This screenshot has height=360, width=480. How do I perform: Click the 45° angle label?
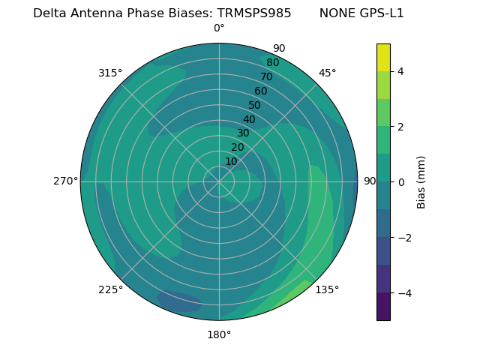[x=327, y=73]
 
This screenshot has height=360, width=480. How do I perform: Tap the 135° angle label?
[x=327, y=289]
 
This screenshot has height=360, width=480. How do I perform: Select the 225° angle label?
[x=110, y=289]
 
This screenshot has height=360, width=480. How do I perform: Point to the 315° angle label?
[x=110, y=73]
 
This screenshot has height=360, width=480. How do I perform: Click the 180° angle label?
[x=219, y=334]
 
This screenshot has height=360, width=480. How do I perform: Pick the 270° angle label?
[x=66, y=181]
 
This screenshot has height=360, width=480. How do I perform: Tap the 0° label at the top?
[x=219, y=28]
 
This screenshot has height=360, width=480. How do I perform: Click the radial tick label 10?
[x=231, y=161]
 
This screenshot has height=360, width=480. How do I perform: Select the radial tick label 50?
[x=255, y=105]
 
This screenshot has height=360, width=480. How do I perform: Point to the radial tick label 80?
[x=273, y=62]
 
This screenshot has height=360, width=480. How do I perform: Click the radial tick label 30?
[x=243, y=133]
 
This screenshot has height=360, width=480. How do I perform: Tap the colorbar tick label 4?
[x=400, y=71]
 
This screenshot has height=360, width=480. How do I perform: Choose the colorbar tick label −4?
[x=403, y=292]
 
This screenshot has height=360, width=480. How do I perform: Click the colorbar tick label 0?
[x=400, y=182]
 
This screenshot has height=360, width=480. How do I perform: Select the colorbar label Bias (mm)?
[x=421, y=181]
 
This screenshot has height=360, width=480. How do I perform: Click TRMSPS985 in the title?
[x=254, y=13]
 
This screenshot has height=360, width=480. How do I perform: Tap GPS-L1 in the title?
[x=379, y=13]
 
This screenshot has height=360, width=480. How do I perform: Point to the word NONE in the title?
[x=334, y=13]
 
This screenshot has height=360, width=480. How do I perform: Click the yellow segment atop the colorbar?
[x=383, y=57]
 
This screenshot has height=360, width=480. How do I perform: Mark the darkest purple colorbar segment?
[x=383, y=306]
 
